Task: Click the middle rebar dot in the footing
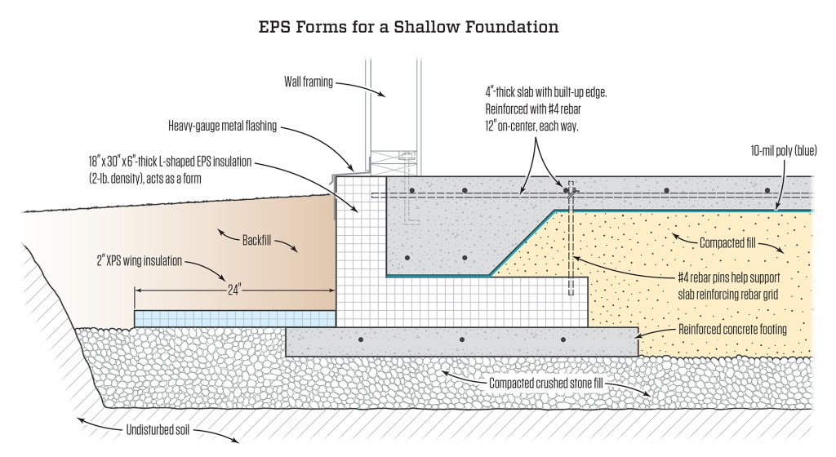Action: point(462,339)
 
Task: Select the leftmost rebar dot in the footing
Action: point(360,339)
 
